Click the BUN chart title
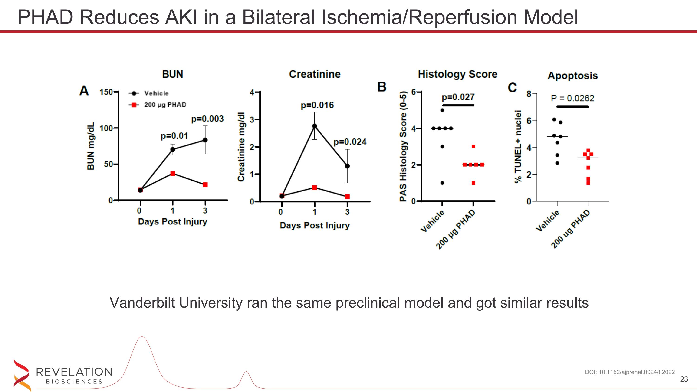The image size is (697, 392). [172, 74]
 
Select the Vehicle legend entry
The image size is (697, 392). [156, 93]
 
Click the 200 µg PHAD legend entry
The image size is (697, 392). [165, 105]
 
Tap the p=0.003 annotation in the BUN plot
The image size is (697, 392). [207, 119]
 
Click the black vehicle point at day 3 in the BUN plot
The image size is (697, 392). [205, 140]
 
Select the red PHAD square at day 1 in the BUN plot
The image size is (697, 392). [173, 173]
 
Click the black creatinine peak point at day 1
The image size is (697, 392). [314, 126]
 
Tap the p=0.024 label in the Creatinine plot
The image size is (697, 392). [350, 142]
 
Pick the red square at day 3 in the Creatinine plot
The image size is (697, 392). [347, 197]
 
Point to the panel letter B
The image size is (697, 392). [381, 87]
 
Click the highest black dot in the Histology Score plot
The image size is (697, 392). [442, 110]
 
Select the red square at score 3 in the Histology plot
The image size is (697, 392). [473, 147]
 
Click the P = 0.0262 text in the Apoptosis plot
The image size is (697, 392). [572, 98]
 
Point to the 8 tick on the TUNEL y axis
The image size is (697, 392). [529, 94]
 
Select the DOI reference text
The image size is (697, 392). [630, 372]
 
